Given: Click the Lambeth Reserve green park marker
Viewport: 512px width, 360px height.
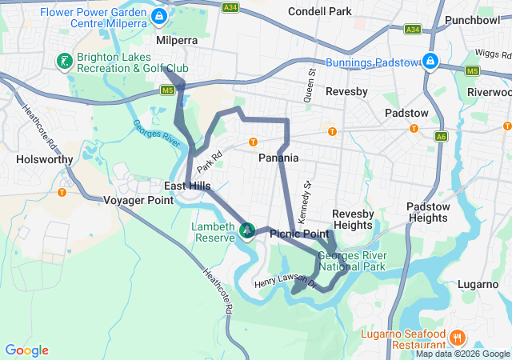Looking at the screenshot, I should [x=248, y=231].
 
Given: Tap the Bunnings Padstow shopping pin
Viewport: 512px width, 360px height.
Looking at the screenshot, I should [x=430, y=61].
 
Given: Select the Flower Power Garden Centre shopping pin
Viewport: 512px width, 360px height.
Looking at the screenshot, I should [x=159, y=16].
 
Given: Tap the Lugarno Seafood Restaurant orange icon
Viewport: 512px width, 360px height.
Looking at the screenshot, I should [x=458, y=337].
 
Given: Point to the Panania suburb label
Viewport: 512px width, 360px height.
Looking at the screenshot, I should [x=278, y=158].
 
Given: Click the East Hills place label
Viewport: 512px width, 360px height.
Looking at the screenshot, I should [x=187, y=186].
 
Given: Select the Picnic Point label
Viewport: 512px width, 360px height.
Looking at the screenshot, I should [x=299, y=234].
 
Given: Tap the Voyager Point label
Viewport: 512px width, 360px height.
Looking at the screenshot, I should [x=138, y=200].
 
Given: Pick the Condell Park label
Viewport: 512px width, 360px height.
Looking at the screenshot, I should [x=321, y=12].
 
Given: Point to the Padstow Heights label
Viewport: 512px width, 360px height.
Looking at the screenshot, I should [x=426, y=212].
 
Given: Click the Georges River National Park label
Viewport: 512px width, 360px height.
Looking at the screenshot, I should [x=352, y=261].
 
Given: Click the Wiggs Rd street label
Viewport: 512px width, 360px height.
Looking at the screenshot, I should [x=490, y=53].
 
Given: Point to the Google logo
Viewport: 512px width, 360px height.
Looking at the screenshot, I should [x=27, y=350].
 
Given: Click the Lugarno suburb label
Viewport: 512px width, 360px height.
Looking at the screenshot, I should [x=478, y=284].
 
